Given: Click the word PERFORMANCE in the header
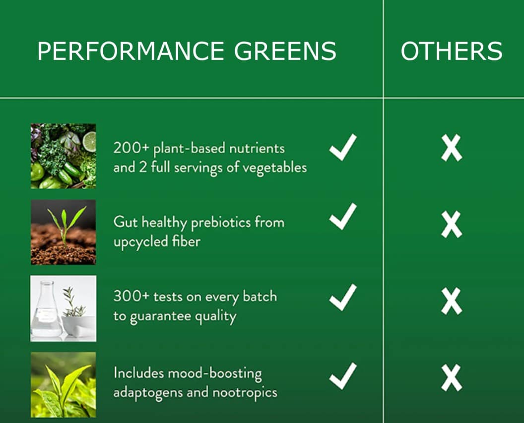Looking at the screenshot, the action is pyautogui.click(x=131, y=51).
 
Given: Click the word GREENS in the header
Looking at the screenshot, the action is pyautogui.click(x=285, y=51).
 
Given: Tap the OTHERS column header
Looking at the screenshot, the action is pyautogui.click(x=452, y=51).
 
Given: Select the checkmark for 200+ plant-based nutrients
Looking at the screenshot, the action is pyautogui.click(x=343, y=148).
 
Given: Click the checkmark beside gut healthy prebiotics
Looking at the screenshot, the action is pyautogui.click(x=343, y=216).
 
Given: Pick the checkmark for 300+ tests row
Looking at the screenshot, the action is pyautogui.click(x=343, y=298).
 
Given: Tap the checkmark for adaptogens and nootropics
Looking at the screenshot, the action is pyautogui.click(x=343, y=376).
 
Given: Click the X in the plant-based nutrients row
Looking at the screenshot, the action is pyautogui.click(x=452, y=148).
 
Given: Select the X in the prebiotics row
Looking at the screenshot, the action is pyautogui.click(x=452, y=224).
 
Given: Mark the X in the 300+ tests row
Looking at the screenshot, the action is pyautogui.click(x=452, y=301).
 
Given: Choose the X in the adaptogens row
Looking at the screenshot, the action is pyautogui.click(x=452, y=377).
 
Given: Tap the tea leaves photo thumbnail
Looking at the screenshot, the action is pyautogui.click(x=63, y=385).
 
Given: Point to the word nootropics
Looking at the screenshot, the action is pyautogui.click(x=245, y=393).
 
